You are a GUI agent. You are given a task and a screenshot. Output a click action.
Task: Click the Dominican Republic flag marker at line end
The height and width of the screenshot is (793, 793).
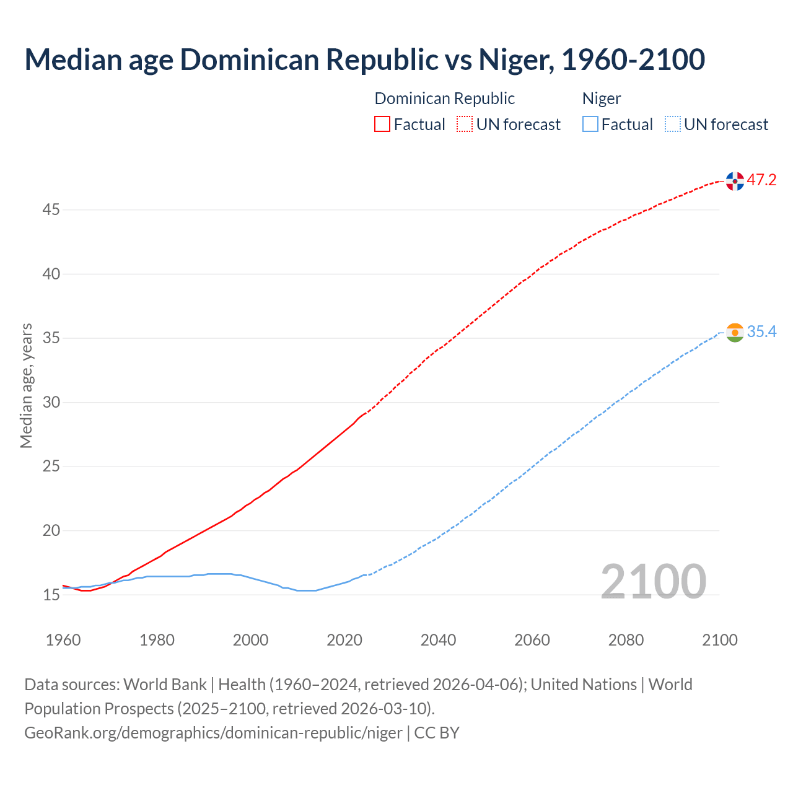point(735,181)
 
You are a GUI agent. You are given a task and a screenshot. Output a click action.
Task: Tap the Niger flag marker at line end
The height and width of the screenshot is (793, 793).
point(735,333)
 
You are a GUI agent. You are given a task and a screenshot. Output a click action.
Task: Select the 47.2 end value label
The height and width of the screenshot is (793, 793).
point(761,180)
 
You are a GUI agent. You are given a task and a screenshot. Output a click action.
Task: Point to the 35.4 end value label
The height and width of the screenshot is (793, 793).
point(761,332)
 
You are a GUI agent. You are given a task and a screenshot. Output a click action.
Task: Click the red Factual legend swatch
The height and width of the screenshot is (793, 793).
point(382,125)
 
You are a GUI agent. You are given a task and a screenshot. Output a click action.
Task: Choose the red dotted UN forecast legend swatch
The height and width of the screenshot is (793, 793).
point(465,125)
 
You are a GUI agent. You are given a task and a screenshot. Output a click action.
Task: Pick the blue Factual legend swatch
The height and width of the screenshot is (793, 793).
point(590,125)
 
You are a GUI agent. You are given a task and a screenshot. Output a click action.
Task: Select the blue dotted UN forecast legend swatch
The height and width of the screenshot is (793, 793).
point(672,125)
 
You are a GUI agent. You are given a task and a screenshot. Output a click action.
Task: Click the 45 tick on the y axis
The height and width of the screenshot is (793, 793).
point(51,210)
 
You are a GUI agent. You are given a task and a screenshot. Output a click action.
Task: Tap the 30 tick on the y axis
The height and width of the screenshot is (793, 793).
point(51,403)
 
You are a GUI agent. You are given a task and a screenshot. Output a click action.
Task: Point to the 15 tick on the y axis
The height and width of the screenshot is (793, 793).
point(51,595)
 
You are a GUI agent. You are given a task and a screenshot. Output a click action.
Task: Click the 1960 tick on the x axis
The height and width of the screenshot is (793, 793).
point(63,640)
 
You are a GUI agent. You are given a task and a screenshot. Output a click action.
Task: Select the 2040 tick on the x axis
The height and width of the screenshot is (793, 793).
point(438,640)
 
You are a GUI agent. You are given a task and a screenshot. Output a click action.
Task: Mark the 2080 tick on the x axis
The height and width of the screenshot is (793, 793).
point(626,640)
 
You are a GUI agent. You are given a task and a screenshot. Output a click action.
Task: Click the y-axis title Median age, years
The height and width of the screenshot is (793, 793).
point(26,385)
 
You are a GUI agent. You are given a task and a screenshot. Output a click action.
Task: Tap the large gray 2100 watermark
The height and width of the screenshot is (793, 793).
point(653,581)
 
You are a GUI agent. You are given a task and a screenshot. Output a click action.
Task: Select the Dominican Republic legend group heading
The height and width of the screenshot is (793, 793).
point(444,99)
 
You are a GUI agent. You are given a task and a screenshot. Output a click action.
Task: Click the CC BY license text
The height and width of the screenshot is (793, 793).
point(437,733)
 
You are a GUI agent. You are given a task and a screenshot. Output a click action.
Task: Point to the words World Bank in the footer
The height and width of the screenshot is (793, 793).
point(165,685)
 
